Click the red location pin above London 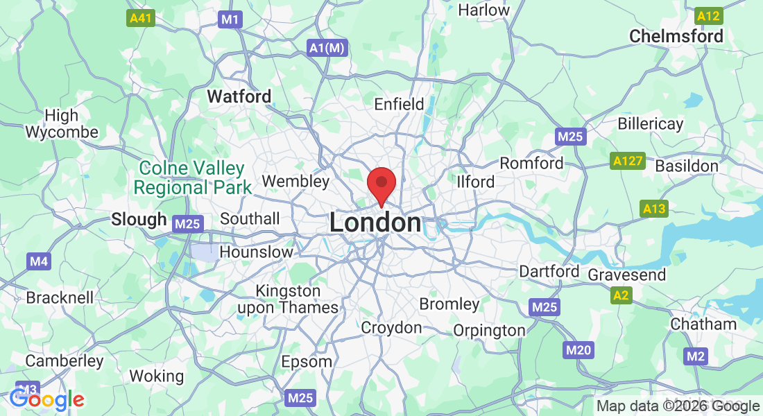pyautogui.click(x=381, y=184)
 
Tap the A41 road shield pyautogui.click(x=141, y=19)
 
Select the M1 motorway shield pyautogui.click(x=230, y=19)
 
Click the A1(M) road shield pyautogui.click(x=327, y=48)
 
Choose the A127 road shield pyautogui.click(x=628, y=162)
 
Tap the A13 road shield pyautogui.click(x=654, y=209)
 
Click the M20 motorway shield pyautogui.click(x=578, y=350)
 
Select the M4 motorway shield pyautogui.click(x=40, y=261)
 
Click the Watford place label pyautogui.click(x=239, y=96)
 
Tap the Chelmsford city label pyautogui.click(x=676, y=36)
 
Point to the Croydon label pyautogui.click(x=391, y=327)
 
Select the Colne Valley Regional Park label pyautogui.click(x=192, y=177)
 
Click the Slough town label pyautogui.click(x=139, y=219)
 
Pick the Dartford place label pyautogui.click(x=549, y=271)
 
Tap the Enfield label pyautogui.click(x=399, y=104)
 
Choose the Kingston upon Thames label pyautogui.click(x=298, y=299)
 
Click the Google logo pyautogui.click(x=47, y=399)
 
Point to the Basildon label pyautogui.click(x=687, y=166)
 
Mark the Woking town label pyautogui.click(x=157, y=376)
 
